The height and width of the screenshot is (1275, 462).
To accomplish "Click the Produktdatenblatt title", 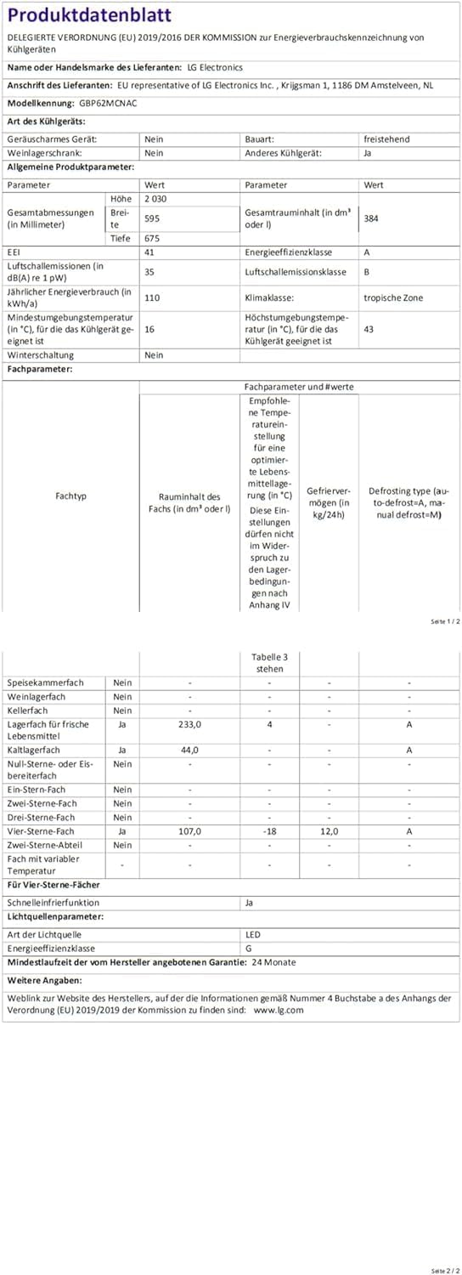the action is pyautogui.click(x=89, y=14).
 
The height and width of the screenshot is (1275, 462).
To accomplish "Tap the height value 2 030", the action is pyautogui.click(x=157, y=198).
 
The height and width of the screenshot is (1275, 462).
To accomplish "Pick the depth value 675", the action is pyautogui.click(x=153, y=239).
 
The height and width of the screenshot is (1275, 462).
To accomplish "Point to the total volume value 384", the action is pyautogui.click(x=371, y=218).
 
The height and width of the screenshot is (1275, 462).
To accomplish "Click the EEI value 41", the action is pyautogui.click(x=150, y=252).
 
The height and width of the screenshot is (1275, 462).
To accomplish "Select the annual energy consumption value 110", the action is pyautogui.click(x=153, y=297).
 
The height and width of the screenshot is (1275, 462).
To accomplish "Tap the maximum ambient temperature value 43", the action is pyautogui.click(x=369, y=329).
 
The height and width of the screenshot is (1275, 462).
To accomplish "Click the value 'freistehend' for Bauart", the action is pyautogui.click(x=386, y=139).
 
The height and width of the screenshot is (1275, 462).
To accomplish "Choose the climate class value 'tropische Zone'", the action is pyautogui.click(x=393, y=297).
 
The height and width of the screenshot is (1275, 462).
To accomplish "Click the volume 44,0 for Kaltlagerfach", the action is pyautogui.click(x=189, y=750).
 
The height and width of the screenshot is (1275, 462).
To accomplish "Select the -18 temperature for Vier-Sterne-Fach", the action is pyautogui.click(x=269, y=831).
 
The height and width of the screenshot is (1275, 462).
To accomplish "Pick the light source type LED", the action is pyautogui.click(x=253, y=934).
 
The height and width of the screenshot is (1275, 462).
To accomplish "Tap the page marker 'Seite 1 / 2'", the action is pyautogui.click(x=445, y=622).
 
